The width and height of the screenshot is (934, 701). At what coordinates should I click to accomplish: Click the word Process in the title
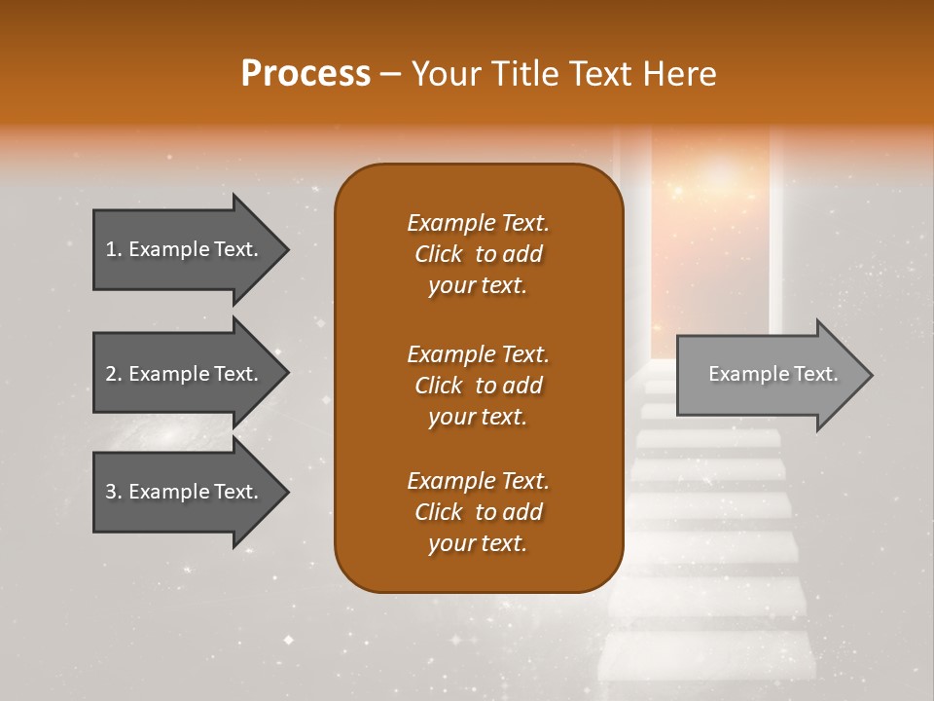[305, 74]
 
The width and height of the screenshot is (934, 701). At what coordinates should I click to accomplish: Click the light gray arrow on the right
[769, 375]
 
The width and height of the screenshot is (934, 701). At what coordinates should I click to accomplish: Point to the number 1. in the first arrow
[114, 249]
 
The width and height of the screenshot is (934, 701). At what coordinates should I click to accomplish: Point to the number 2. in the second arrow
[114, 374]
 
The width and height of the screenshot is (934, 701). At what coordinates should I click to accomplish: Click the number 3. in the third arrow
[114, 492]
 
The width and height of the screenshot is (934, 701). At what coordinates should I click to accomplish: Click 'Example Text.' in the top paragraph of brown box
[478, 223]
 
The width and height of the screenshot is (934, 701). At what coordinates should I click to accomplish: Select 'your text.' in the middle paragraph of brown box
[478, 417]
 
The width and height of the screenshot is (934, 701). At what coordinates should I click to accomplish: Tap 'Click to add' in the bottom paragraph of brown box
[478, 512]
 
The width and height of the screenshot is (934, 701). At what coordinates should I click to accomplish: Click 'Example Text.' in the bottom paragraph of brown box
[478, 481]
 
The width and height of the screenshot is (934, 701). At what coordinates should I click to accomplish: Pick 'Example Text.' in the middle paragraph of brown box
[478, 353]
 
